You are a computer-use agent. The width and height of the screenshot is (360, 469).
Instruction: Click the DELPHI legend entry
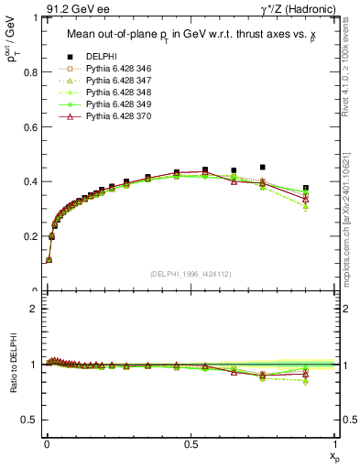coord(102,57)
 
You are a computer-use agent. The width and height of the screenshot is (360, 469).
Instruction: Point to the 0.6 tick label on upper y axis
coord(30,126)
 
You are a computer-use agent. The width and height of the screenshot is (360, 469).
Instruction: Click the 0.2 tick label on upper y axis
coord(30,236)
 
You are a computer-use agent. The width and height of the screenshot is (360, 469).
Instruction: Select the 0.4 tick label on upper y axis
coord(30,181)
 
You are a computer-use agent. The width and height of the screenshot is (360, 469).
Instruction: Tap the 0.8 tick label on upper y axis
coord(30,71)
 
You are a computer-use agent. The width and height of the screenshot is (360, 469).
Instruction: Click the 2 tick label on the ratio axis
coord(35,309)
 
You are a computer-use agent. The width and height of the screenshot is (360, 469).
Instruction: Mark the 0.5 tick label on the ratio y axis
coord(30,420)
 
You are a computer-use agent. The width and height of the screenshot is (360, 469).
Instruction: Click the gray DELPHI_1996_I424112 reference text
coord(190,274)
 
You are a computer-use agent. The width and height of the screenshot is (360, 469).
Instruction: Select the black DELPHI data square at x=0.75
coord(263,168)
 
